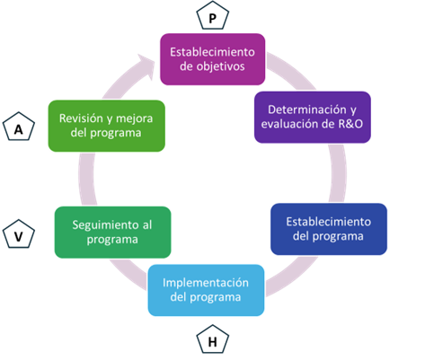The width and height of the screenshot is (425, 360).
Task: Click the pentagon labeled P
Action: point(212,15)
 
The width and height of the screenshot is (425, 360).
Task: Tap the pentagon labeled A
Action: point(19,127)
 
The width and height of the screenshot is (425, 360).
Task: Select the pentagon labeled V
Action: point(19,233)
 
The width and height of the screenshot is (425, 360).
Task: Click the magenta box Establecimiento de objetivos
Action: point(213,59)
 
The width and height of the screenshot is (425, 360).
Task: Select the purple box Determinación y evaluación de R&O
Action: point(313,117)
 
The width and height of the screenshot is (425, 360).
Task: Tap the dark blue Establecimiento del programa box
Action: point(329,229)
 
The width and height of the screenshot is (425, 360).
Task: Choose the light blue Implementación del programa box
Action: point(206,290)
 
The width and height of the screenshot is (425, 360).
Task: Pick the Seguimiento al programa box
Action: point(112,233)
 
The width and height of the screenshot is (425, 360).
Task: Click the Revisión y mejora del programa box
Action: point(106,126)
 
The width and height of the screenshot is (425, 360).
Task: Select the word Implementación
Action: point(206,283)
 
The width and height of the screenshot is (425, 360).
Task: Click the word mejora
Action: point(134,119)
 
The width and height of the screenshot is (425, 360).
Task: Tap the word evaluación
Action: point(288,124)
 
